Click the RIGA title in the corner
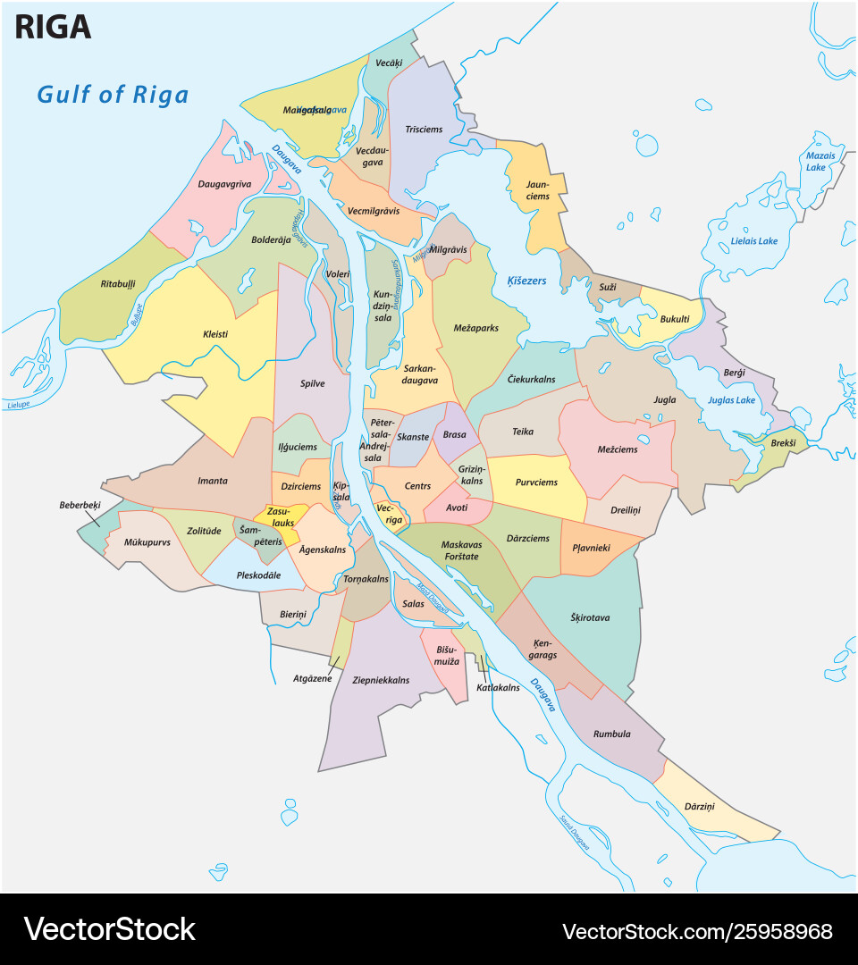click(x=53, y=28)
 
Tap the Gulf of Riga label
click(x=113, y=94)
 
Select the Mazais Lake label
click(x=820, y=161)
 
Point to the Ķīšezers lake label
click(x=526, y=281)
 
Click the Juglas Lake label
click(x=731, y=400)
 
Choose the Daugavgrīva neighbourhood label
click(x=224, y=185)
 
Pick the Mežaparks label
click(x=475, y=328)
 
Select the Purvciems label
click(x=535, y=482)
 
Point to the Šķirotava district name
click(x=589, y=617)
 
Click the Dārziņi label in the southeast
click(x=699, y=806)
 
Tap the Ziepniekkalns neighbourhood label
click(x=381, y=680)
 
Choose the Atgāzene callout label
click(x=313, y=678)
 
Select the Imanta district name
click(x=212, y=481)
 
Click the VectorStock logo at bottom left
click(x=109, y=929)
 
